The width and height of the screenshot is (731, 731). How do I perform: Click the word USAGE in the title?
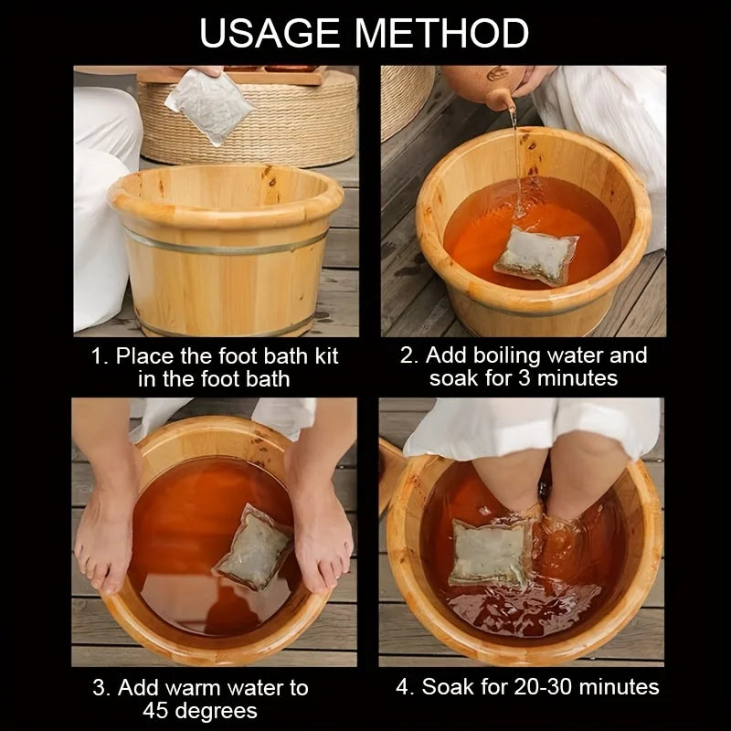coord(270,33)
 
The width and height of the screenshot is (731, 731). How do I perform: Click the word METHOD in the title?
coord(441,33)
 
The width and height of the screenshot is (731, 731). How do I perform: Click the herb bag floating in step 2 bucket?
coord(536,255)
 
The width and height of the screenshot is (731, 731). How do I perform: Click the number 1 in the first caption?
coord(98,356)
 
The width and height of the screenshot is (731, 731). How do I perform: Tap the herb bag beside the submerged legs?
coord(490,552)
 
